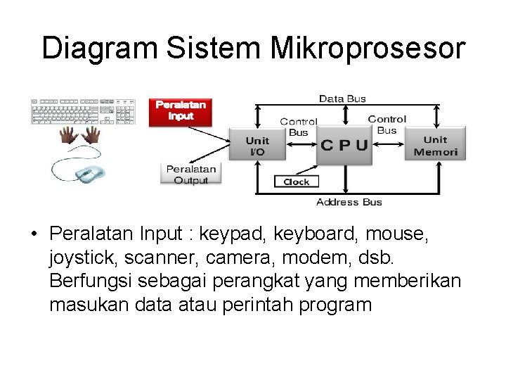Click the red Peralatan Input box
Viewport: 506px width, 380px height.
tap(181, 110)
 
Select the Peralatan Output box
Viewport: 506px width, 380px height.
tap(191, 175)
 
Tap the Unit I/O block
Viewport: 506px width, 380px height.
tap(257, 146)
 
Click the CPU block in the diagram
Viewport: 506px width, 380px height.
tap(344, 146)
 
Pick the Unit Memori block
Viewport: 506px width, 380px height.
tap(435, 146)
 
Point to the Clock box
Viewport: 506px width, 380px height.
tap(296, 182)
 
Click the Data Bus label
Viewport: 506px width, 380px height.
tap(342, 99)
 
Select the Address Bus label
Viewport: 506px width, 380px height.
tap(349, 203)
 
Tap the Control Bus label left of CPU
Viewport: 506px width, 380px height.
tap(299, 127)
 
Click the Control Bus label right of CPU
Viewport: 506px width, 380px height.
tap(387, 125)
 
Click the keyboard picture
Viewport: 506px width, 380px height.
tap(82, 111)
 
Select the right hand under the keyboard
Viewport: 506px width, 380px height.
tap(91, 137)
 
